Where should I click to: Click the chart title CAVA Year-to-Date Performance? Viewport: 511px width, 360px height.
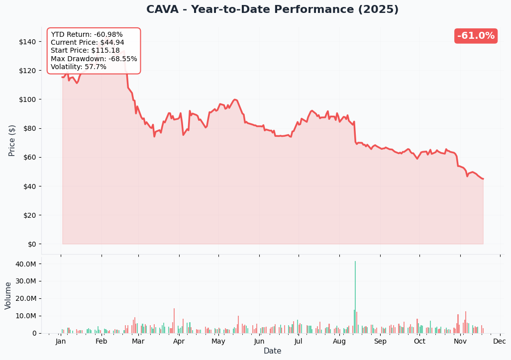[272, 10]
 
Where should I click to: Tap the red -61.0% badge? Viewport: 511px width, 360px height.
[476, 36]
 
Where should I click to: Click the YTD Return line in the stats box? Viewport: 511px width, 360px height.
[87, 35]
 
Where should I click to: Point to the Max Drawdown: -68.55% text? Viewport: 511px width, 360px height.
[94, 59]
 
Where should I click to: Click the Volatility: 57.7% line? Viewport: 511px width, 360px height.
[78, 67]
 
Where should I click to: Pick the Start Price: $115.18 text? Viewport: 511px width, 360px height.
[85, 51]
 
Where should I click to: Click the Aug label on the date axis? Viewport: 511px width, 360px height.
[339, 342]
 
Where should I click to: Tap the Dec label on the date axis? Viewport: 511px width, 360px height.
[500, 342]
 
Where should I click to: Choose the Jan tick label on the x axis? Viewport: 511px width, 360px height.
[61, 342]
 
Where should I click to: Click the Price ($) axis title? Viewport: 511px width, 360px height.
[12, 140]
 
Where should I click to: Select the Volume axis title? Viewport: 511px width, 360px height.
[8, 295]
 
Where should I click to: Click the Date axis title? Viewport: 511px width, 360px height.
[272, 351]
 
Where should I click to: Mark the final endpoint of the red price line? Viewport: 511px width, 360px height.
[483, 179]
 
